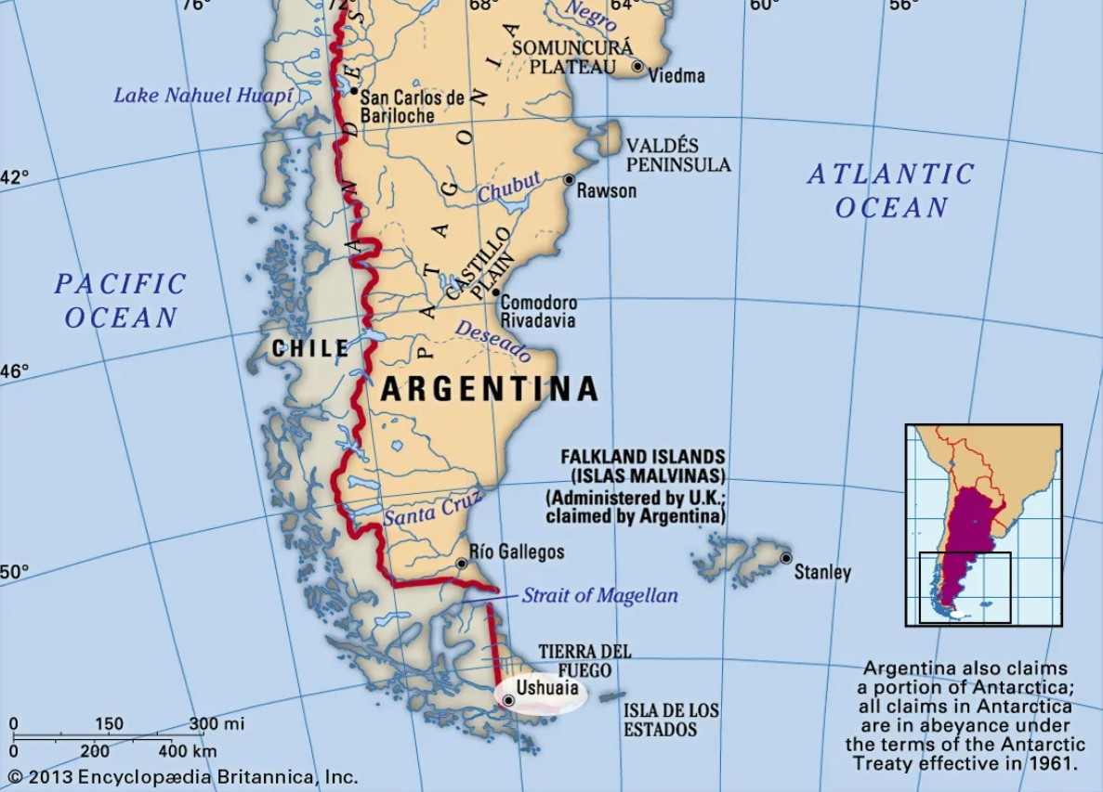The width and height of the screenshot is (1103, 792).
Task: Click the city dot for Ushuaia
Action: pyautogui.click(x=508, y=700)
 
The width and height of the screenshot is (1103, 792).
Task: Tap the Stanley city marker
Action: pyautogui.click(x=786, y=558)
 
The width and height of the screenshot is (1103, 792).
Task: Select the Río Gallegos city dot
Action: pyautogui.click(x=461, y=564)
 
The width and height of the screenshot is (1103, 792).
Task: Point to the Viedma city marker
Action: pyautogui.click(x=637, y=66)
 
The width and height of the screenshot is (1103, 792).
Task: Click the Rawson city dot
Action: pyautogui.click(x=569, y=179)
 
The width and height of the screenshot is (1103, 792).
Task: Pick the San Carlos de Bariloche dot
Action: pyautogui.click(x=354, y=91)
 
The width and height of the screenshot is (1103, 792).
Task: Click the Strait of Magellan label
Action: pyautogui.click(x=599, y=596)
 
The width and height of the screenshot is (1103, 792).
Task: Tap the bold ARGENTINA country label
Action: pyautogui.click(x=489, y=389)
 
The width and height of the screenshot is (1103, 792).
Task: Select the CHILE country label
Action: pyautogui.click(x=310, y=349)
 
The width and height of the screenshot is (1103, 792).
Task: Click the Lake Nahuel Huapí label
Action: pyautogui.click(x=203, y=95)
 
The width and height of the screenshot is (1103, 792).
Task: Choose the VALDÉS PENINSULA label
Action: pyautogui.click(x=677, y=155)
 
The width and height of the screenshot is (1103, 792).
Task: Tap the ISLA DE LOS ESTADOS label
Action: pyautogui.click(x=670, y=720)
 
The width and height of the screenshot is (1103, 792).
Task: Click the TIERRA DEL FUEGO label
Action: pyautogui.click(x=584, y=660)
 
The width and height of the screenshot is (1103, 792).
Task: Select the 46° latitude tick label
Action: pyautogui.click(x=15, y=371)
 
